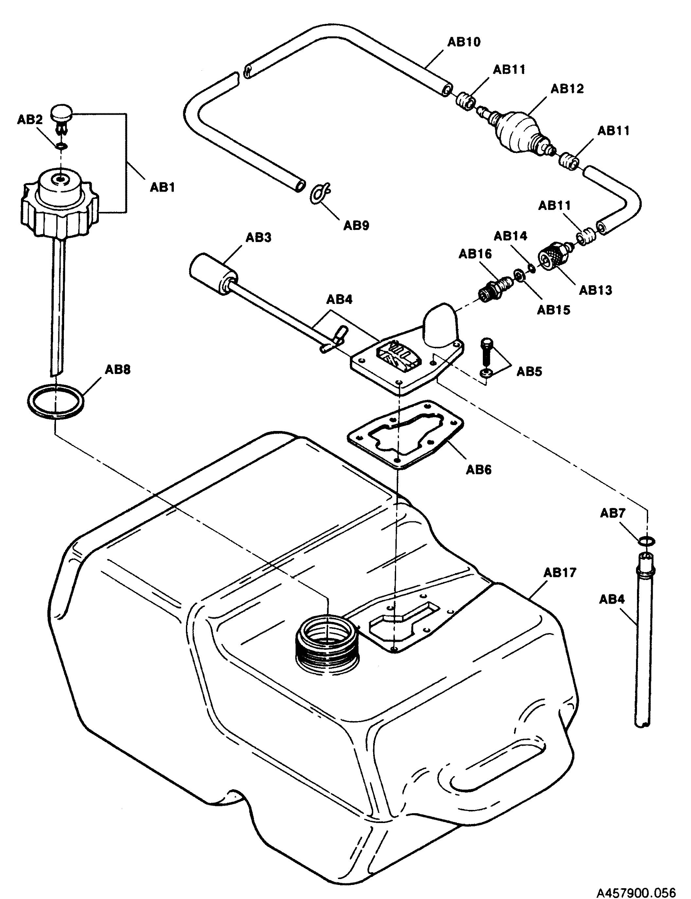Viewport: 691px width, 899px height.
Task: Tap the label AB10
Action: pyautogui.click(x=464, y=42)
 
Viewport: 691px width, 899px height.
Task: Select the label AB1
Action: pyautogui.click(x=162, y=188)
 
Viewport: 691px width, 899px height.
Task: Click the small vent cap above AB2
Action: pyautogui.click(x=62, y=113)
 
